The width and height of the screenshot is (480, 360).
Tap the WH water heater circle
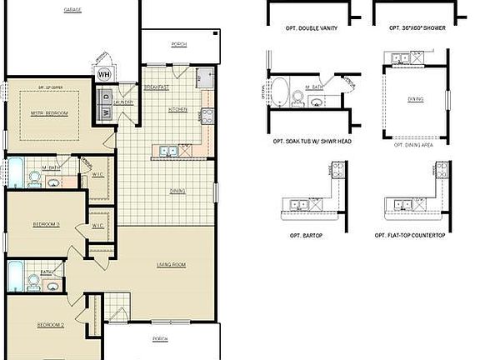click(x=104, y=73)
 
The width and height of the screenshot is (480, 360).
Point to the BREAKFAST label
click(x=156, y=87)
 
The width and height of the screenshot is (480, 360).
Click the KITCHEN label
click(x=177, y=109)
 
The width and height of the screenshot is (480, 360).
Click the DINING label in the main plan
click(x=177, y=191)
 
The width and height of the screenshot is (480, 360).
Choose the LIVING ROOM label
click(x=170, y=266)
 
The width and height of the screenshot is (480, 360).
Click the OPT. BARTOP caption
click(x=302, y=236)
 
